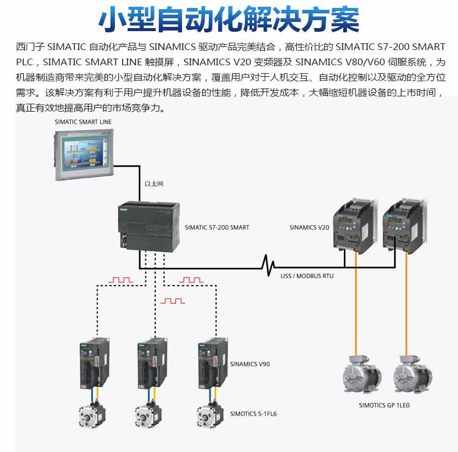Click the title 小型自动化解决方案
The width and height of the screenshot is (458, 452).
pyautogui.click(x=229, y=20)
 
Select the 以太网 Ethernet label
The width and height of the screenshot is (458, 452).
pyautogui.click(x=153, y=184)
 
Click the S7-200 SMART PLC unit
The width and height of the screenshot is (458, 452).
pyautogui.click(x=149, y=227)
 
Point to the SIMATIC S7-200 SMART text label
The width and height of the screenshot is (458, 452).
pyautogui.click(x=217, y=228)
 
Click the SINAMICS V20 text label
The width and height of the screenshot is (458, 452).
pyautogui.click(x=309, y=228)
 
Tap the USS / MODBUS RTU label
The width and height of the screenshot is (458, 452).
pyautogui.click(x=307, y=276)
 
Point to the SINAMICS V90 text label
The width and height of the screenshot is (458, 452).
pyautogui.click(x=250, y=364)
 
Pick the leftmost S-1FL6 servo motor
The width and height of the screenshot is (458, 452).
pyautogui.click(x=91, y=415)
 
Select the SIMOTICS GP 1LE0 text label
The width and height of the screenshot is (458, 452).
pyautogui.click(x=384, y=404)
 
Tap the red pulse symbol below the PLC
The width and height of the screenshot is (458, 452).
pyautogui.click(x=172, y=301)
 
